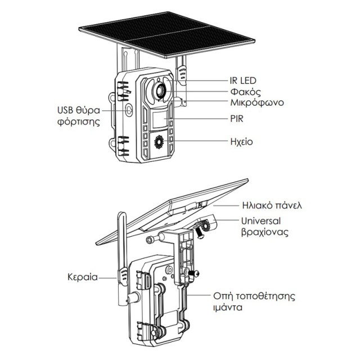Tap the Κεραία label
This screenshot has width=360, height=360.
pyautogui.click(x=82, y=277)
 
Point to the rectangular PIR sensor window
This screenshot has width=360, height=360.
pyautogui.click(x=160, y=119)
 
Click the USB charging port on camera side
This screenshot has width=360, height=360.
pyautogui.click(x=129, y=110)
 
